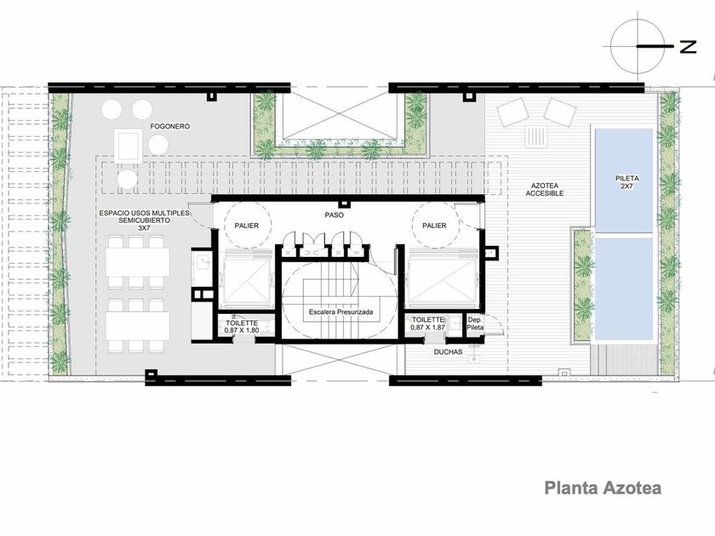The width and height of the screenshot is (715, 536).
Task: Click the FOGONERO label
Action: pyautogui.click(x=170, y=126)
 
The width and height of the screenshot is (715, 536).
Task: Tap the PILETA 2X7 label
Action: pyautogui.click(x=627, y=182)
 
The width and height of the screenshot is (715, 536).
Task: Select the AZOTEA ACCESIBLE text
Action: pyautogui.click(x=545, y=190)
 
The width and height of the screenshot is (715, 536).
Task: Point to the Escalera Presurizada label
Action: pyautogui.click(x=340, y=312)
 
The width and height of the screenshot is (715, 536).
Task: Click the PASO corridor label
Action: pyautogui.click(x=335, y=214)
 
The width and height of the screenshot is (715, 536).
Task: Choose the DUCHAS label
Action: pyautogui.click(x=448, y=352)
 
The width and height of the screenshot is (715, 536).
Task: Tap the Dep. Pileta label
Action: pyautogui.click(x=475, y=323)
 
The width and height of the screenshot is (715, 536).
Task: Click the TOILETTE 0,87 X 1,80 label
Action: pyautogui.click(x=242, y=327)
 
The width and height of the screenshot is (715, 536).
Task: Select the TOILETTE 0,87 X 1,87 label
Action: pyautogui.click(x=427, y=323)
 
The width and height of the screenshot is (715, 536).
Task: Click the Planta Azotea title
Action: pyautogui.click(x=603, y=488)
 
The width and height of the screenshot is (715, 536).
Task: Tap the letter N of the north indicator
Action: pyautogui.click(x=689, y=47)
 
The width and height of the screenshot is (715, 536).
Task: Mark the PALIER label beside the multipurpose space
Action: pyautogui.click(x=247, y=225)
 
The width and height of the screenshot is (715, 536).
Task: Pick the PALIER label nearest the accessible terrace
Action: pyautogui.click(x=434, y=225)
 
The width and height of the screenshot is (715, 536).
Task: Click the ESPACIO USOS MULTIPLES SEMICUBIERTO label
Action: pyautogui.click(x=144, y=220)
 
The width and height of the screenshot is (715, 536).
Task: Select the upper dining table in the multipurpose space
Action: pyautogui.click(x=138, y=262)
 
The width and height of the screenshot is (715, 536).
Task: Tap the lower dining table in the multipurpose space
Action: pyautogui.click(x=138, y=325)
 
